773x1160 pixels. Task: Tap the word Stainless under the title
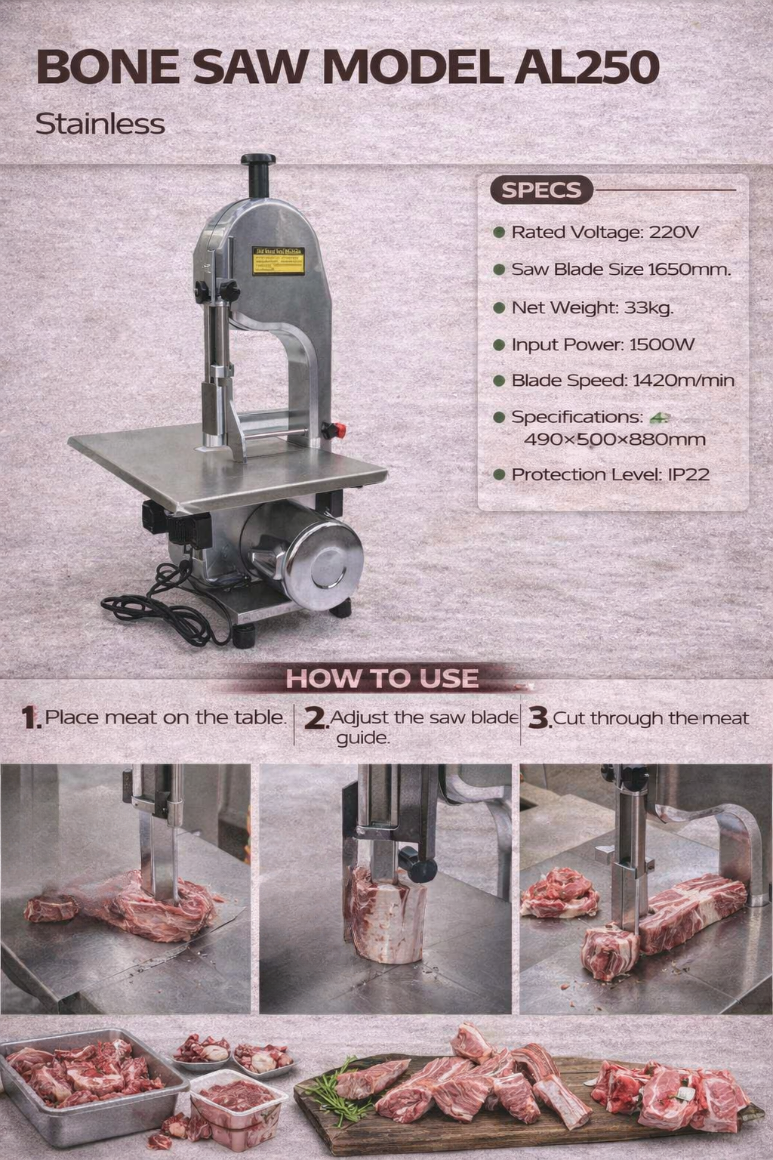[x=100, y=123]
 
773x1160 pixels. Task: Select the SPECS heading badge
[x=541, y=190]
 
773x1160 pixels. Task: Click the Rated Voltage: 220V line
[x=604, y=232]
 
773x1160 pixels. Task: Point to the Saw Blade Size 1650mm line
[x=621, y=270]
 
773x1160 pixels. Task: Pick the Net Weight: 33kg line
[x=592, y=307]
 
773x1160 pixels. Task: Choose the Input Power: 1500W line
[x=602, y=345]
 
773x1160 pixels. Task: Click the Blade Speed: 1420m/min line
[x=622, y=381]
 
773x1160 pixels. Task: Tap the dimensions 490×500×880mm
[x=614, y=440]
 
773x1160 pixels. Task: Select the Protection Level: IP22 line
[x=610, y=475]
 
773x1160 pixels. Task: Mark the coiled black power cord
[x=159, y=604]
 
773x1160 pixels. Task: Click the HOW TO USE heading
[x=382, y=678]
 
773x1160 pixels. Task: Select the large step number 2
[x=315, y=719]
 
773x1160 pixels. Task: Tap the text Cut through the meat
[x=651, y=718]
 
